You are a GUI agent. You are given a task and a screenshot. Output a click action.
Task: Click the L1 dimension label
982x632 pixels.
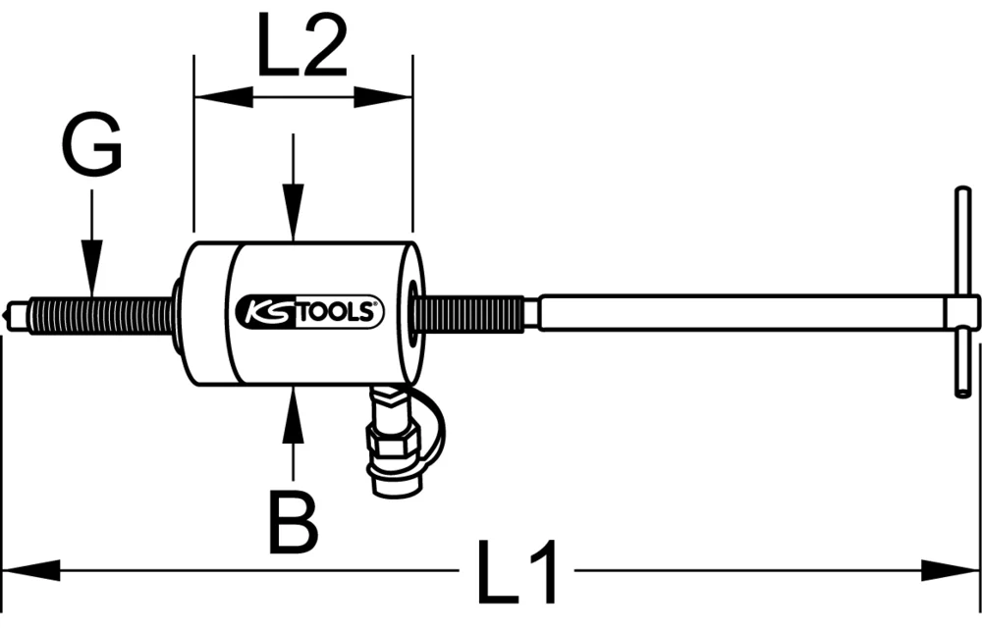[x=516, y=572]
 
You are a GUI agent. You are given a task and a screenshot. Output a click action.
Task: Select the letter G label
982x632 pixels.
[x=91, y=147]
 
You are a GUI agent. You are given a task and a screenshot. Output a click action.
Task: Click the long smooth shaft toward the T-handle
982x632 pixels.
[x=736, y=314]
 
